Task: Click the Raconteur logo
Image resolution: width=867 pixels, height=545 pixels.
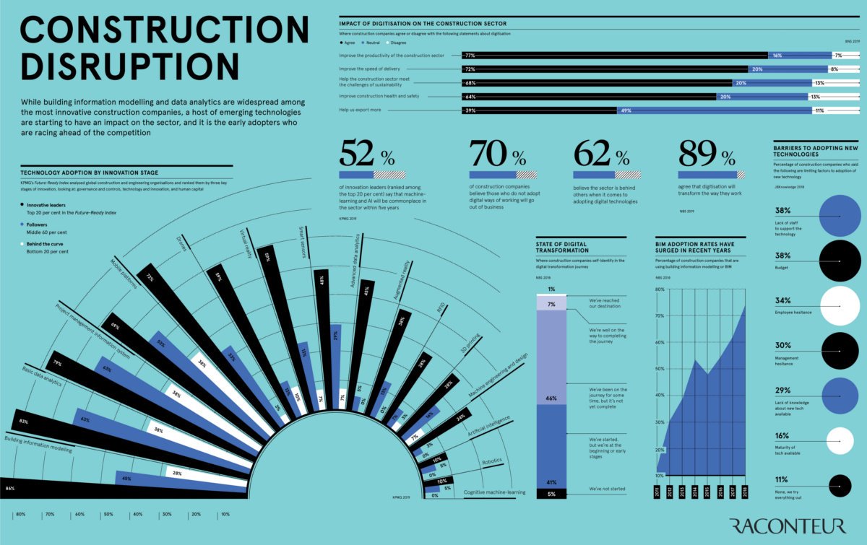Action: [x=787, y=525]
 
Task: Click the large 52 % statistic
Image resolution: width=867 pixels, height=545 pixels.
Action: [x=367, y=154]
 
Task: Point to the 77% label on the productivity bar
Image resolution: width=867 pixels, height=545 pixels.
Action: [x=470, y=55]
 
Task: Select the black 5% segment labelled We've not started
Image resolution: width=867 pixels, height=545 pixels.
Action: [x=551, y=494]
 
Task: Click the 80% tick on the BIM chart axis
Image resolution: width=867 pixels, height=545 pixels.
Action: [x=660, y=289]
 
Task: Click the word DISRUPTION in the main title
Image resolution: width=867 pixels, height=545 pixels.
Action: [x=131, y=66]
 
